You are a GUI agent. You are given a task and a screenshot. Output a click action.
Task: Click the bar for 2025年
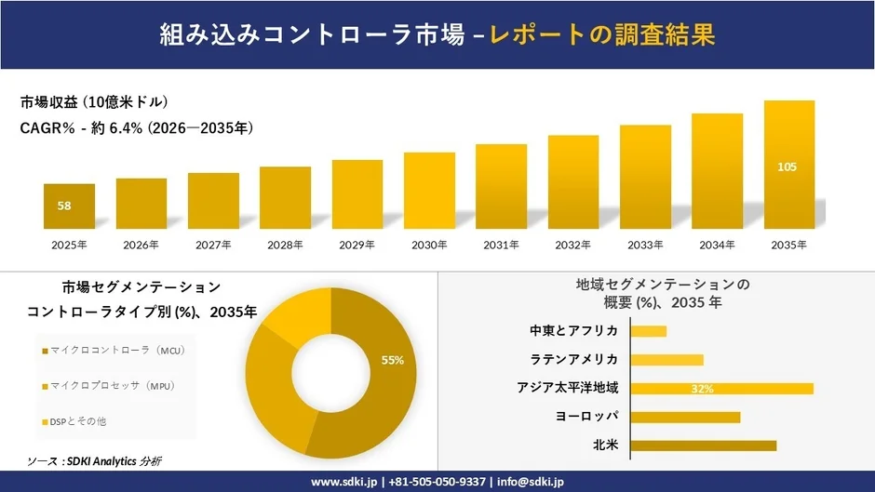[69, 206]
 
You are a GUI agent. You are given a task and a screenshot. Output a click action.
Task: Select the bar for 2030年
[429, 191]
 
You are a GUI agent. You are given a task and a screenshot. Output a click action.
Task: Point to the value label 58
[64, 206]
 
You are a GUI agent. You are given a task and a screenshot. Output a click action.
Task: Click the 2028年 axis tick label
[285, 245]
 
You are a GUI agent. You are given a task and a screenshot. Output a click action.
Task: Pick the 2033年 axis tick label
[645, 245]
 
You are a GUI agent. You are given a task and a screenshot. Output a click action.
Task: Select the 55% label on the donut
[392, 360]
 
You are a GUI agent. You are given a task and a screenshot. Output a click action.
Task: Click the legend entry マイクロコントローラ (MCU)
[112, 351]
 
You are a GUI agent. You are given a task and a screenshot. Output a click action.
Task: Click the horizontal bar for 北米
[703, 445]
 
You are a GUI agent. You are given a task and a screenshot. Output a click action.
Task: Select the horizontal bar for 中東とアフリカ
[648, 331]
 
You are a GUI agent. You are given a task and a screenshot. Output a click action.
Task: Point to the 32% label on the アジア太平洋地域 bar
[703, 389]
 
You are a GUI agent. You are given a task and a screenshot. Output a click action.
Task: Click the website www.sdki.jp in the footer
[343, 482]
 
